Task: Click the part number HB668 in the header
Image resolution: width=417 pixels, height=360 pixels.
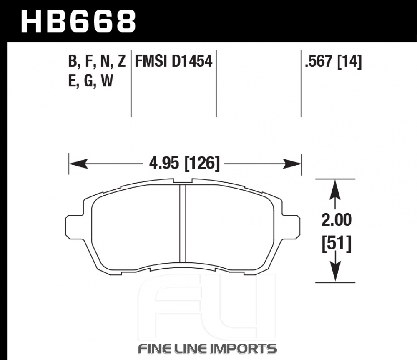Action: point(79,21)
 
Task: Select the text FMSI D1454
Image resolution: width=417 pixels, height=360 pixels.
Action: point(174,61)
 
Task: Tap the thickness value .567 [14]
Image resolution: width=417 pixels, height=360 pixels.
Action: point(334,62)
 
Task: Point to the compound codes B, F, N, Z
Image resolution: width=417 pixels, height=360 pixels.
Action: point(97,62)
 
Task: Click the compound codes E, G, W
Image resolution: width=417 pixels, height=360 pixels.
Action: point(90,81)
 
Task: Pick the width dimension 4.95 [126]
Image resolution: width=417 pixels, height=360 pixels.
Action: point(185,163)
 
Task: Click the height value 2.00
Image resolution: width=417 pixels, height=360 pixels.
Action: point(337,220)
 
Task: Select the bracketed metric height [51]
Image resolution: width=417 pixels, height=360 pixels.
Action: point(337,244)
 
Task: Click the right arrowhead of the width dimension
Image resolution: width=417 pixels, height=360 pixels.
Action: point(292,164)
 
